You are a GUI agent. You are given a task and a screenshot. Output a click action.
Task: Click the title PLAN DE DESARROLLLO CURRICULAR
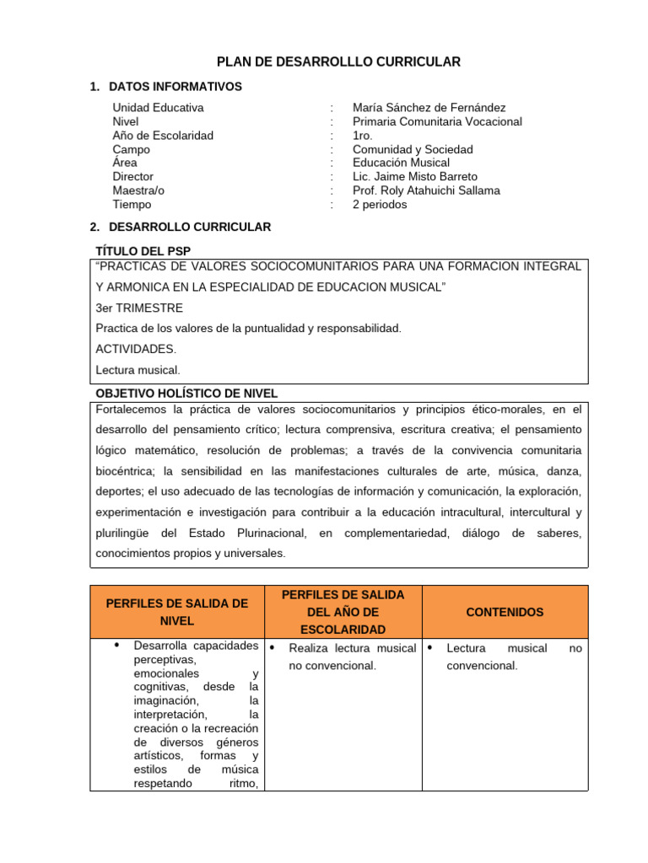339,62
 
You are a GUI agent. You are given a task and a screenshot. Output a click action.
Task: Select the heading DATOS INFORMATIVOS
175,87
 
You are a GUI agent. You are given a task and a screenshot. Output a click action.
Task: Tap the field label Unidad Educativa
158,108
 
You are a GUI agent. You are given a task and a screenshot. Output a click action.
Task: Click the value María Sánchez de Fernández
429,108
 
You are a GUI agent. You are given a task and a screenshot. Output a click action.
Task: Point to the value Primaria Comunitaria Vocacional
437,121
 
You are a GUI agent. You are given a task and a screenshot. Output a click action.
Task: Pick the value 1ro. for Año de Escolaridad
363,136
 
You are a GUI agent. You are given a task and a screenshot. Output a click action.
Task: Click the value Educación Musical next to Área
401,163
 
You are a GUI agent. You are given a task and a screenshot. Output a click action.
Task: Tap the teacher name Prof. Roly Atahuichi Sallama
426,190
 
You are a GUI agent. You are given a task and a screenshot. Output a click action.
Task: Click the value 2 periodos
380,205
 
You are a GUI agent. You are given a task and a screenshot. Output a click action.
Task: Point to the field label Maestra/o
138,190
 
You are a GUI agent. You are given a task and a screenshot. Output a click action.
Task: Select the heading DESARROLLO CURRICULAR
190,227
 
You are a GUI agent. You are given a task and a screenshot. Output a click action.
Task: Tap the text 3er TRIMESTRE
139,308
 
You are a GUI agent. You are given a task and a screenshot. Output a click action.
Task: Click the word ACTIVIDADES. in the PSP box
136,349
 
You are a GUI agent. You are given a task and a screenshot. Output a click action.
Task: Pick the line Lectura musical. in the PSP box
138,369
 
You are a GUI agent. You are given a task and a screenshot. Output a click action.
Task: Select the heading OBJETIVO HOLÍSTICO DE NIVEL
186,394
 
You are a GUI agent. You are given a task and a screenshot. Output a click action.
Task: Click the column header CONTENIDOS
505,612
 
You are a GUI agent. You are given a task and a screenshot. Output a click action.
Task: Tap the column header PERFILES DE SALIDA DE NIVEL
176,612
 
